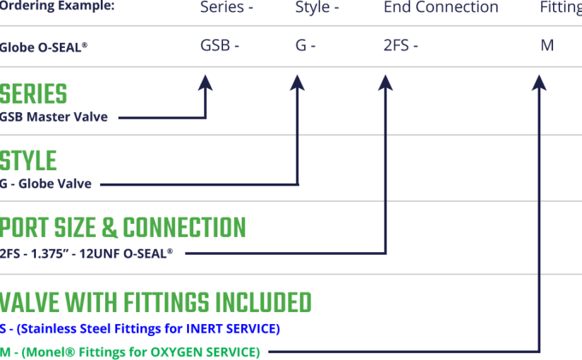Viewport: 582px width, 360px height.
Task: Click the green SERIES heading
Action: pos(34,95)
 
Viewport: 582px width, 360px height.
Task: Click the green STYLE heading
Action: pos(28,161)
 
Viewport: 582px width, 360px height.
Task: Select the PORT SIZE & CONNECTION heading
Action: pos(123,228)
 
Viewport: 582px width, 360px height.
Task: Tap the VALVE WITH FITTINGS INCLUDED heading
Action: pos(156,302)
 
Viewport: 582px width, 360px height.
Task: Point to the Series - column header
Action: pos(226,8)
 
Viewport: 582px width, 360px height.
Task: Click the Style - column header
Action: pos(317,8)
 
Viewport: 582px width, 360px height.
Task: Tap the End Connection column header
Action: pos(441,8)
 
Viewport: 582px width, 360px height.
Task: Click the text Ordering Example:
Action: pos(57,6)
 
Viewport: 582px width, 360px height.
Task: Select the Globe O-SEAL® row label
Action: pos(44,47)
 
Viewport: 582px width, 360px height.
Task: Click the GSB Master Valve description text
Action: pos(54,117)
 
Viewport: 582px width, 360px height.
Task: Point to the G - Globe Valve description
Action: pos(46,184)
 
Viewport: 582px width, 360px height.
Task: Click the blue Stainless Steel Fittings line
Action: pos(140,329)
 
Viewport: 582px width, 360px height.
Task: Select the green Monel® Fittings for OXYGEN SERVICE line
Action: pos(130,352)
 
